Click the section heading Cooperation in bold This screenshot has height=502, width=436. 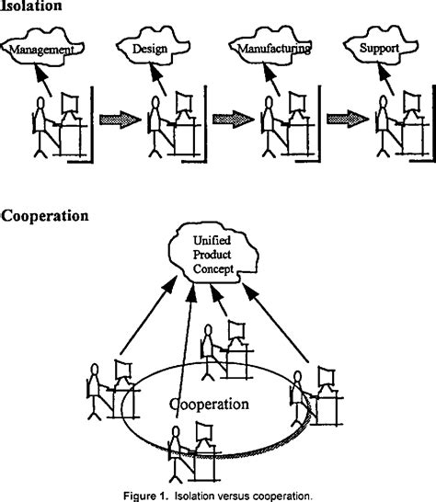coord(45,217)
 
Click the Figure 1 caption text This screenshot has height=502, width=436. coord(218,494)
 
